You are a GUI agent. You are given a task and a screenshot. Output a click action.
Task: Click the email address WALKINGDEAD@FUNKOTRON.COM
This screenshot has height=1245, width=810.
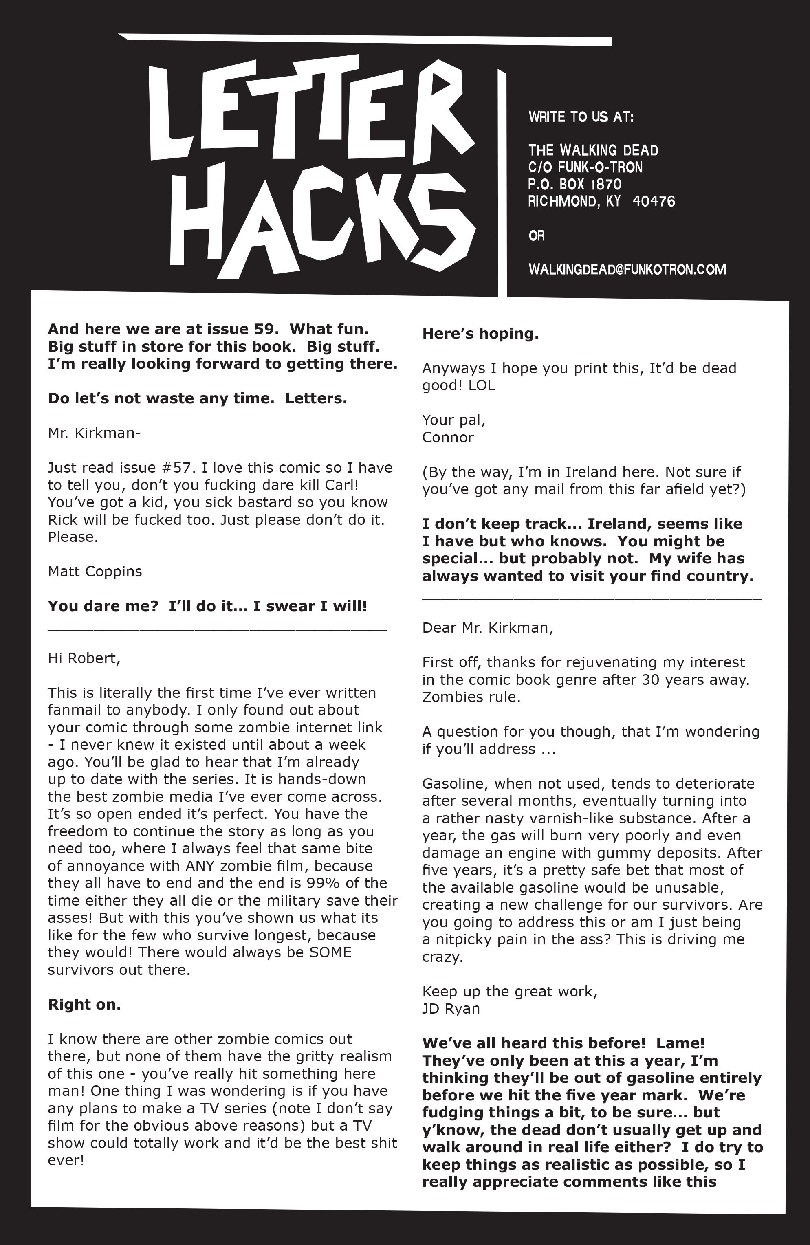(x=627, y=269)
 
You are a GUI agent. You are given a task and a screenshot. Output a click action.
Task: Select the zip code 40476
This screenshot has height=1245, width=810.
(x=654, y=201)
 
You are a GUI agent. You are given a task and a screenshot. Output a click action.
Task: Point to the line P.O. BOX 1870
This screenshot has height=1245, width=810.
(x=574, y=184)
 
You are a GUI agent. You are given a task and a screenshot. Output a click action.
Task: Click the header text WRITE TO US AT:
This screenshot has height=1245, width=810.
(x=581, y=117)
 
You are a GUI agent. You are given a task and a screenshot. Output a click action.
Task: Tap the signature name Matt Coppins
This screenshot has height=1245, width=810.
(x=95, y=571)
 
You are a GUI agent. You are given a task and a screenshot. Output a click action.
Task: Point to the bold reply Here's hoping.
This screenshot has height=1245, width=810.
(x=480, y=334)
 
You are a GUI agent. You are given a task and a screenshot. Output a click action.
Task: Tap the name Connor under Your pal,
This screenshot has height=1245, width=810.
(x=447, y=437)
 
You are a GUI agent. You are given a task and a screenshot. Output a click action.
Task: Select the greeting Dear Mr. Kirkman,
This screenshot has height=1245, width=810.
(x=487, y=628)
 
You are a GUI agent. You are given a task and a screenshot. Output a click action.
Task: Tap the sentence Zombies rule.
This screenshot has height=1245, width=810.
(x=471, y=697)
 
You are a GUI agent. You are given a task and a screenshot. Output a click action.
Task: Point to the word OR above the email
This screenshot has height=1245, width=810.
(x=536, y=235)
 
